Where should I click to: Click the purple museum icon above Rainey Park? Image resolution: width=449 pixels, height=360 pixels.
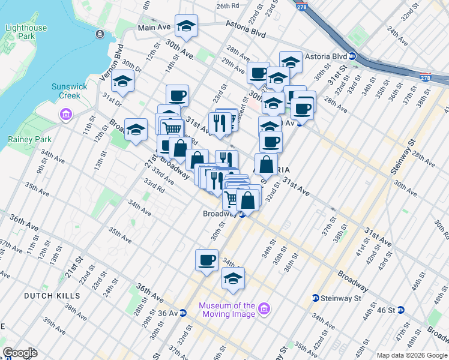(x=65, y=114)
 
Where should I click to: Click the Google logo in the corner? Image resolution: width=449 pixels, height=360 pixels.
(x=20, y=353)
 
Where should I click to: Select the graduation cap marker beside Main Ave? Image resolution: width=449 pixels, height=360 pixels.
(x=187, y=26)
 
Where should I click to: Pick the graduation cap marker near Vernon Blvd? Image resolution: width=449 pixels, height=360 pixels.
(x=123, y=82)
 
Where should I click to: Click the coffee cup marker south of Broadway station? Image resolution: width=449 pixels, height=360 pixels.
(x=206, y=260)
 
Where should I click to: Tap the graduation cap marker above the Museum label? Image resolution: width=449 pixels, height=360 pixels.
(x=233, y=278)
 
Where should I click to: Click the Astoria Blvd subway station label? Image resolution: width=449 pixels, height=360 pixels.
(x=327, y=57)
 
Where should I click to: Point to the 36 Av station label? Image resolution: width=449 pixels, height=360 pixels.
(x=168, y=313)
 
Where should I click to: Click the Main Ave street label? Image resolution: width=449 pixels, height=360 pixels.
(x=154, y=28)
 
